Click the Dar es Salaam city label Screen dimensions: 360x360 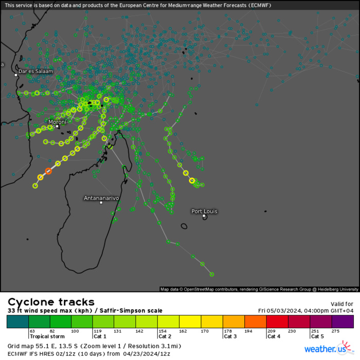pyautogui.click(x=35, y=71)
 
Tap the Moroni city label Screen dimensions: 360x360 pyautogui.click(x=57, y=122)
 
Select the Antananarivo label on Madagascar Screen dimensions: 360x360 pyautogui.click(x=101, y=197)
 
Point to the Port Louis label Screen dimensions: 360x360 pyautogui.click(x=204, y=211)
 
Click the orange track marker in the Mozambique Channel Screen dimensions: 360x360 pyautogui.click(x=48, y=171)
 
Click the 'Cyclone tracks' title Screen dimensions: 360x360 pyautogui.click(x=51, y=302)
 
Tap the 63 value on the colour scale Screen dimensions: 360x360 pyautogui.click(x=32, y=331)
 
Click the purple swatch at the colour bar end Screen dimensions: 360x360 pyautogui.click(x=343, y=322)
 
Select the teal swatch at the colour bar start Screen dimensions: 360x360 pyautogui.click(x=17, y=322)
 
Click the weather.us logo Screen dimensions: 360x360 pyautogui.click(x=329, y=349)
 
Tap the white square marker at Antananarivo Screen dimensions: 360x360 pyautogui.click(x=101, y=203)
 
